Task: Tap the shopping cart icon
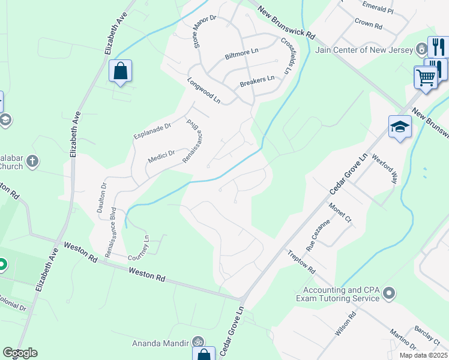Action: tap(426, 77)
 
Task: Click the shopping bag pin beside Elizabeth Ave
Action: tap(121, 71)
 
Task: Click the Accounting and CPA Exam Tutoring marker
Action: tap(389, 293)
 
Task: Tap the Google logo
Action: tap(20, 353)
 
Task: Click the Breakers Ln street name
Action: tap(257, 80)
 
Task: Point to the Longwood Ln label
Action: tap(203, 91)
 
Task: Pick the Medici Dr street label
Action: tap(161, 157)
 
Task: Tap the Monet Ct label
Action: tap(340, 213)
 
